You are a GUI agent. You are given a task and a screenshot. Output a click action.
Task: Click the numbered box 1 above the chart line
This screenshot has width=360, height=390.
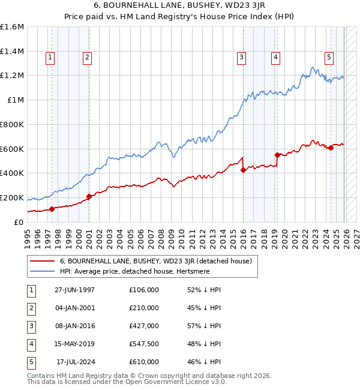tap(49, 58)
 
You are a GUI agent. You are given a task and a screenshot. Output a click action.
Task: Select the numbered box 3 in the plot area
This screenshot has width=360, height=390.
tap(241, 58)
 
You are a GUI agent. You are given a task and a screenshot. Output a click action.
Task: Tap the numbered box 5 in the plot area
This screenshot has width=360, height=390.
tap(329, 58)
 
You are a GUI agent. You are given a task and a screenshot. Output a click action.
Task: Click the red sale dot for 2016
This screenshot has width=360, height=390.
tap(243, 170)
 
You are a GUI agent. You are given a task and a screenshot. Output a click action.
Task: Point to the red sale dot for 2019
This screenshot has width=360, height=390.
tap(277, 155)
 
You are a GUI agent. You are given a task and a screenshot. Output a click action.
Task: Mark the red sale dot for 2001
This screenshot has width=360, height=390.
tap(89, 196)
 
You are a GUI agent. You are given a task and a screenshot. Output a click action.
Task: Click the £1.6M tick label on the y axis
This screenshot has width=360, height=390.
tap(12, 27)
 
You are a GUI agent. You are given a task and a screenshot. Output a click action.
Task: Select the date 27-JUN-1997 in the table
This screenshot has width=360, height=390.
tap(74, 290)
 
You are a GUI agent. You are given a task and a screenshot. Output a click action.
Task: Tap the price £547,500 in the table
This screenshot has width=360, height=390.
tap(143, 344)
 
